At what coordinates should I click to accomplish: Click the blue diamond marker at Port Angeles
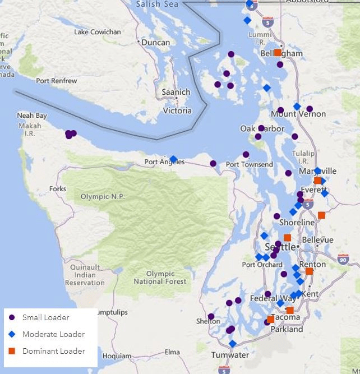[173, 159]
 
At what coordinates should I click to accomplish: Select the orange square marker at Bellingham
[278, 52]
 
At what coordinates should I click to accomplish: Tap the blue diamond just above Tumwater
[232, 343]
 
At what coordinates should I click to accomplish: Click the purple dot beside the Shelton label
[211, 316]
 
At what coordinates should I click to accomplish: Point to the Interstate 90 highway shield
[344, 260]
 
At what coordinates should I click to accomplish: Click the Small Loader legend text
[45, 317]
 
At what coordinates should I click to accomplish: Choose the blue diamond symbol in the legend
[12, 334]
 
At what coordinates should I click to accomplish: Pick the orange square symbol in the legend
[12, 351]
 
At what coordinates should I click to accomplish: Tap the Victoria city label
[177, 110]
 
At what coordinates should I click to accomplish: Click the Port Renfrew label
[57, 81]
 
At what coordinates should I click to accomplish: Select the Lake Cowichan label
[97, 32]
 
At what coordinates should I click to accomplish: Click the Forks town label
[57, 189]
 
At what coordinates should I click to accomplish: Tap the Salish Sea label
[158, 4]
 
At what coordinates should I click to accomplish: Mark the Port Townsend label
[249, 164]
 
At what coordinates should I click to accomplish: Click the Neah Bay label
[33, 116]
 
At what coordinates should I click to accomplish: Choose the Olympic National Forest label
[160, 278]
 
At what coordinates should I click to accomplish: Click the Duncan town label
[155, 43]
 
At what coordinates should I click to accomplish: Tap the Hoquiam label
[117, 355]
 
